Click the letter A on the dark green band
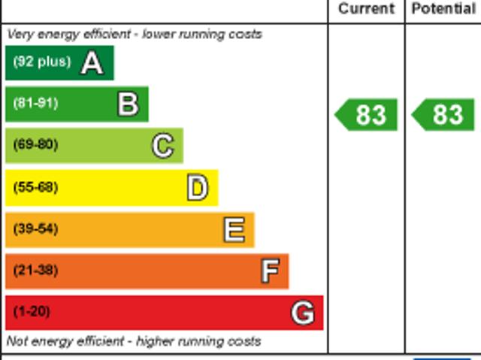tap(92, 63)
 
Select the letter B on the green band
tap(128, 104)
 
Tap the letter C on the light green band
tap(163, 146)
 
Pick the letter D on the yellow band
tap(198, 188)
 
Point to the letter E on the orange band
tap(234, 230)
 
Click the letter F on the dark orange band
tap(270, 271)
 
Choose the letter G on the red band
tap(303, 313)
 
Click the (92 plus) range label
tap(41, 62)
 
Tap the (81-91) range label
tap(35, 104)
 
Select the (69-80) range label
tap(35, 145)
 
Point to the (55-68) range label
tap(35, 187)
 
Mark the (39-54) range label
tap(35, 229)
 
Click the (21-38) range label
tap(35, 271)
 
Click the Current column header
tap(366, 9)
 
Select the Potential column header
tap(443, 9)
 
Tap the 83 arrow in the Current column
tap(366, 115)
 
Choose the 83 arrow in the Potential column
tap(443, 115)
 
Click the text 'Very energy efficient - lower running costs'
tap(135, 35)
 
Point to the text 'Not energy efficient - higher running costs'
tap(134, 341)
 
